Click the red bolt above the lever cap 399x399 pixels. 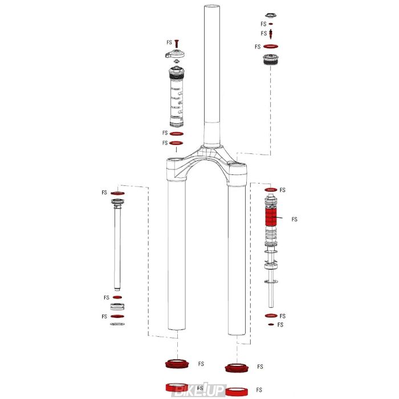pyautogui.click(x=177, y=43)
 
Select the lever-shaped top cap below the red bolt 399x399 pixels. pyautogui.click(x=176, y=55)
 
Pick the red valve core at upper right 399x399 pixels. pyautogui.click(x=271, y=34)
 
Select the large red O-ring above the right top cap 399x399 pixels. pyautogui.click(x=271, y=47)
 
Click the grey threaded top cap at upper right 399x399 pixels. pyautogui.click(x=271, y=60)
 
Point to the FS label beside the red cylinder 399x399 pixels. pyautogui.click(x=294, y=219)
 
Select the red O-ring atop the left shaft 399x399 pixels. pyautogui.click(x=117, y=194)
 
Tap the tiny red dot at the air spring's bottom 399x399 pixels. pyautogui.click(x=271, y=325)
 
